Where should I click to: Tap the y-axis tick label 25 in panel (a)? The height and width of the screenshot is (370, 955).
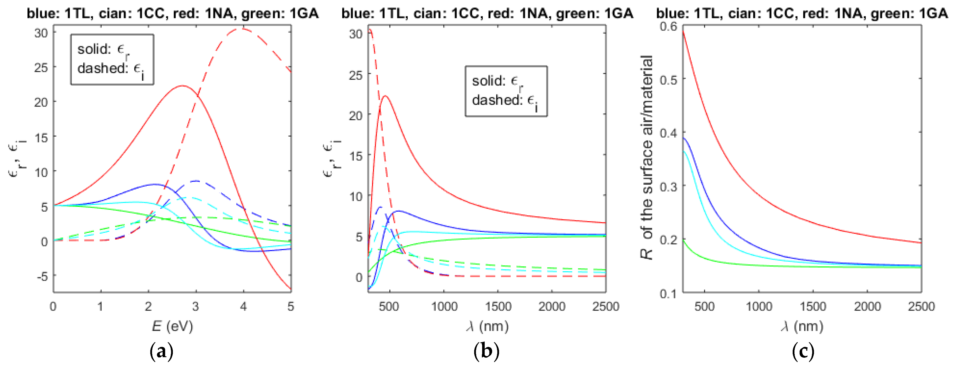[x=41, y=68]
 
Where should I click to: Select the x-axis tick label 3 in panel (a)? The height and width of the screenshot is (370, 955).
[x=196, y=306]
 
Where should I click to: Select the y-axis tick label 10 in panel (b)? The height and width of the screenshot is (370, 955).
[x=356, y=196]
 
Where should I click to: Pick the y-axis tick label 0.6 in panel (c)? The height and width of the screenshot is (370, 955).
[x=668, y=27]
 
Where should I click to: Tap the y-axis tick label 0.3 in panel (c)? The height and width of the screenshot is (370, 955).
[x=668, y=186]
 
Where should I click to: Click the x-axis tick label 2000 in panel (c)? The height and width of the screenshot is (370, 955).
[x=867, y=306]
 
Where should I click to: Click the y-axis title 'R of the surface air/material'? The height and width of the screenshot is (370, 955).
[x=647, y=158]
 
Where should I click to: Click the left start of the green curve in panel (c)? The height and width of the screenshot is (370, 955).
[x=683, y=241]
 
